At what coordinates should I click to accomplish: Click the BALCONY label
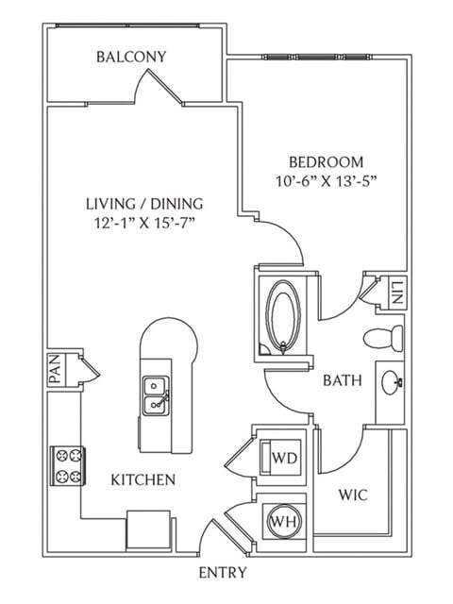pyautogui.click(x=131, y=57)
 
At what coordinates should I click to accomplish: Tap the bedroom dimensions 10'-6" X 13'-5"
pyautogui.click(x=326, y=181)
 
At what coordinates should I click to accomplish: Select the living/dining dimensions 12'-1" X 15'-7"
pyautogui.click(x=144, y=223)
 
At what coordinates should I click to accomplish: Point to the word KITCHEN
pyautogui.click(x=143, y=480)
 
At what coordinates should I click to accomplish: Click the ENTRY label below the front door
pyautogui.click(x=223, y=573)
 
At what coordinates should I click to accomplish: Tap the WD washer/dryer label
pyautogui.click(x=285, y=458)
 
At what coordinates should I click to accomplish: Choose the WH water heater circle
pyautogui.click(x=284, y=521)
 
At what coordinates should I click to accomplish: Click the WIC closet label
pyautogui.click(x=353, y=495)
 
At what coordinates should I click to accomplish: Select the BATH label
pyautogui.click(x=343, y=380)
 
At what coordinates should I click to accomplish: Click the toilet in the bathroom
pyautogui.click(x=383, y=338)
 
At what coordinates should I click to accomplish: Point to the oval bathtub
pyautogui.click(x=284, y=317)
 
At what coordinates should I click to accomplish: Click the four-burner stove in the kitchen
pyautogui.click(x=68, y=466)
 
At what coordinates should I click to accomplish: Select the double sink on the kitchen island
pyautogui.click(x=156, y=396)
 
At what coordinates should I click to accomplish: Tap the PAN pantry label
pyautogui.click(x=55, y=369)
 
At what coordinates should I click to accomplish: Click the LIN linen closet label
pyautogui.click(x=396, y=293)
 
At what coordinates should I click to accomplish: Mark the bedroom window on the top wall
pyautogui.click(x=317, y=57)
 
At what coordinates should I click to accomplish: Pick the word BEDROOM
pyautogui.click(x=326, y=162)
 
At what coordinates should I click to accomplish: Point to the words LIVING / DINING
pyautogui.click(x=144, y=204)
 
